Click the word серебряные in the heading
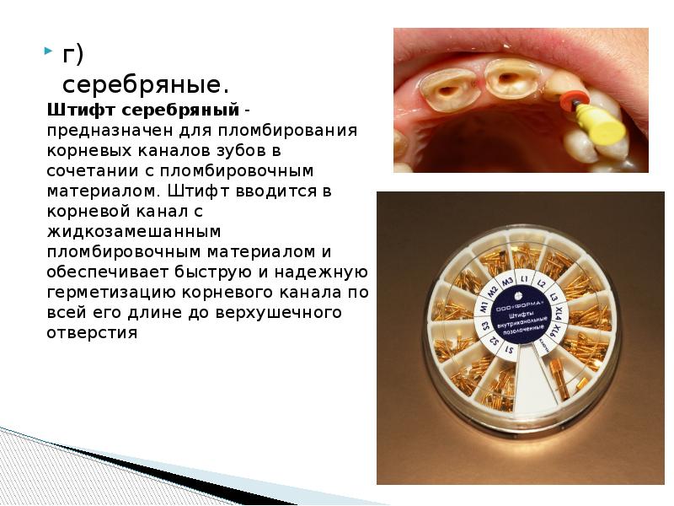point(140,84)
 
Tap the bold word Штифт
point(82,111)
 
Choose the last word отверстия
point(93,332)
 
